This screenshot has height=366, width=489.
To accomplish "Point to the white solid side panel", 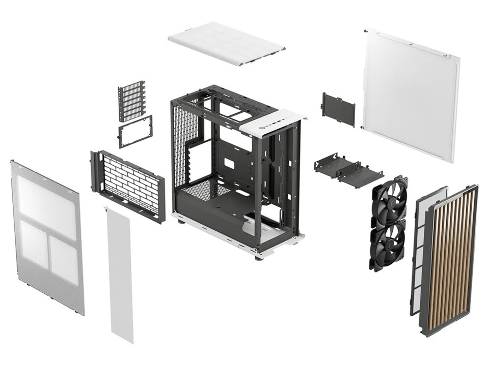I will [410, 94].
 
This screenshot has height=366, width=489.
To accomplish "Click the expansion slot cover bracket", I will [132, 101].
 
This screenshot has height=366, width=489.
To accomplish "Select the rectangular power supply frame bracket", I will [135, 131].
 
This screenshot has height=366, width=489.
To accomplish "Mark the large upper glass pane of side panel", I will [46, 200].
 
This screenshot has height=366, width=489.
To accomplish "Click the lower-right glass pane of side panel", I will [63, 259].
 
